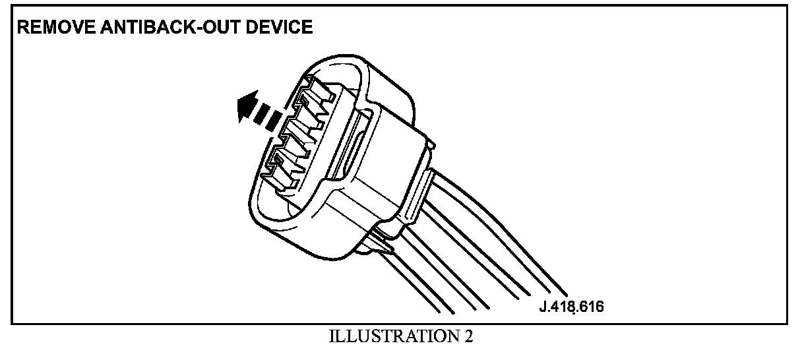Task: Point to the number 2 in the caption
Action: point(468,337)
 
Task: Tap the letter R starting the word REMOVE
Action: point(22,28)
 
